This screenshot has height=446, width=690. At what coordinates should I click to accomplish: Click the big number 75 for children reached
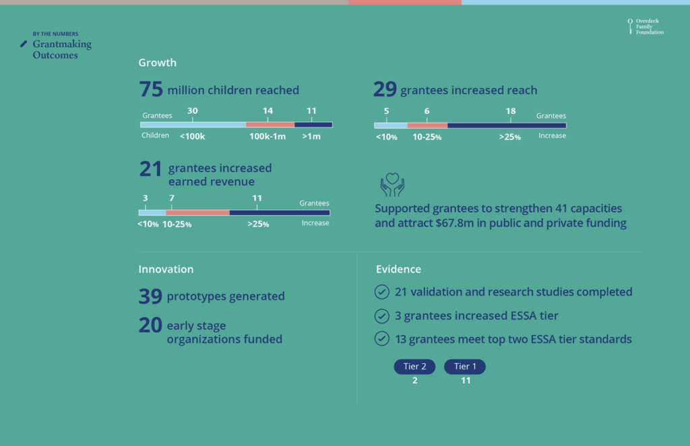(x=151, y=90)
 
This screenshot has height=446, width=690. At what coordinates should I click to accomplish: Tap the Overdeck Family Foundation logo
(x=645, y=26)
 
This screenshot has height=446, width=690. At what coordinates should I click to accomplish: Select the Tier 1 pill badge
(x=464, y=367)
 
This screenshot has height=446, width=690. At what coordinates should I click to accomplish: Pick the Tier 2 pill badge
(x=414, y=367)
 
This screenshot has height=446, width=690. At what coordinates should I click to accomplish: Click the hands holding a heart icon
(x=392, y=184)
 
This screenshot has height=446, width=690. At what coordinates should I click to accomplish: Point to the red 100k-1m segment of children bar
(x=270, y=125)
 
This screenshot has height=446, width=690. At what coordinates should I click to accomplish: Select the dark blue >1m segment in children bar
(x=313, y=125)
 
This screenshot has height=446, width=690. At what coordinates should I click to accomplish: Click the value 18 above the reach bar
(x=510, y=111)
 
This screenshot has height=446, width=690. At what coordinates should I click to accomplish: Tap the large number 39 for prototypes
(x=150, y=296)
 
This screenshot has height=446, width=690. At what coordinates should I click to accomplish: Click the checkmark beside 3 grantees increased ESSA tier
(x=382, y=315)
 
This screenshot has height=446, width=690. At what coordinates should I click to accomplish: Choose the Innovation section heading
(x=166, y=269)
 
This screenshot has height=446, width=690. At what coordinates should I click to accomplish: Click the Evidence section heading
(x=398, y=269)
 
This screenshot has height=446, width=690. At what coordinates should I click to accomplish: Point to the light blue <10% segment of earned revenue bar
(x=152, y=212)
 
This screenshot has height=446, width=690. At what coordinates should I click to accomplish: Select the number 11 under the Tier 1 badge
(x=465, y=381)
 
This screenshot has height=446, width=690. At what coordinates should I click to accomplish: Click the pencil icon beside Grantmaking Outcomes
(x=24, y=44)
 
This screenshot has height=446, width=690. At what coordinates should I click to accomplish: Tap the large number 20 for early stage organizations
(x=150, y=326)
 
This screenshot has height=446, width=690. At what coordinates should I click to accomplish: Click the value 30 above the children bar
(x=192, y=110)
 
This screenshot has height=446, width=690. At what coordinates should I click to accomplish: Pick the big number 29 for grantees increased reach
(x=385, y=90)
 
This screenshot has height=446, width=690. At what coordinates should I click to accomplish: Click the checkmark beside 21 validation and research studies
(x=382, y=292)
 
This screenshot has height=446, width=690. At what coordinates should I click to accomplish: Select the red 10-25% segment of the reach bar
(x=427, y=125)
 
